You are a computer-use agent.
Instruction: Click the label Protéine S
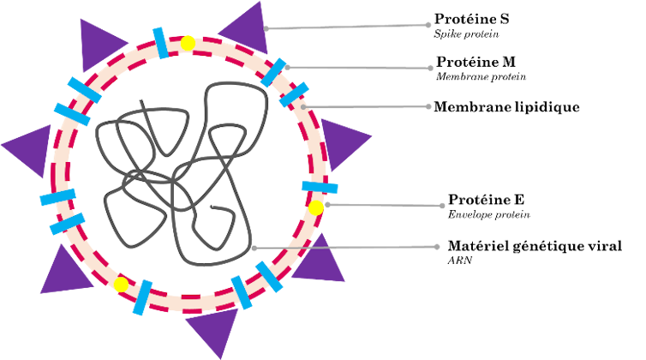[472, 19]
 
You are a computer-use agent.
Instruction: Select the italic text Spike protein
[466, 34]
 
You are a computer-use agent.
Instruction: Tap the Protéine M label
[476, 62]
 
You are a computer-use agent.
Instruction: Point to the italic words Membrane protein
[482, 76]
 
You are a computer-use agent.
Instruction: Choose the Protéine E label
[486, 200]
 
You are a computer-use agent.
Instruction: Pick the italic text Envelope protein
[489, 215]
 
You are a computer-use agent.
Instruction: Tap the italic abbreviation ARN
[460, 261]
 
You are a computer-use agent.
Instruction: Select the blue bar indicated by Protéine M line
[273, 73]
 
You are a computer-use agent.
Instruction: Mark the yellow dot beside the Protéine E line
[316, 207]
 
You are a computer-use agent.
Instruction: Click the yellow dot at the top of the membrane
[188, 43]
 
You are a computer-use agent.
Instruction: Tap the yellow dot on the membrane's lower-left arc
[121, 285]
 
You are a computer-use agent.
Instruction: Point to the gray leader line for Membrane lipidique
[366, 107]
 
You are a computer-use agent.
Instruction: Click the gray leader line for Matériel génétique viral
[345, 248]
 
